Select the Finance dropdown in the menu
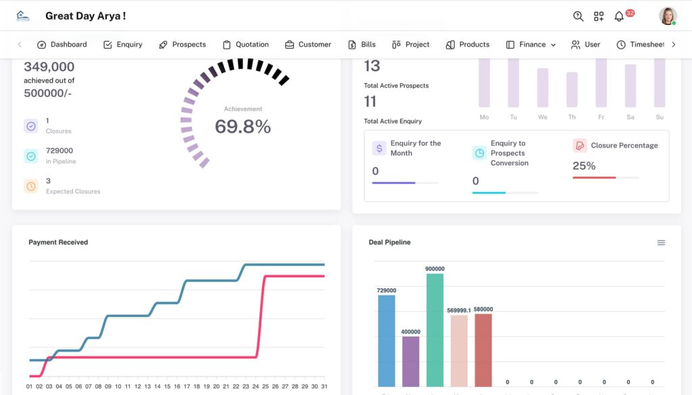click(x=531, y=45)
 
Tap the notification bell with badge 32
click(x=619, y=16)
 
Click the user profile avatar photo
click(x=668, y=16)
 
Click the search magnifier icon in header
click(x=578, y=16)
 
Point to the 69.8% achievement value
click(x=243, y=126)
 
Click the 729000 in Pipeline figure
click(x=59, y=151)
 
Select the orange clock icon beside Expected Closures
click(x=31, y=186)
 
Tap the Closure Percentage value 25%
click(x=584, y=166)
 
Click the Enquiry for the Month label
click(x=415, y=148)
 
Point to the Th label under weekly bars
click(x=572, y=118)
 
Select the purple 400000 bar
click(x=411, y=360)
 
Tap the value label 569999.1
click(x=460, y=310)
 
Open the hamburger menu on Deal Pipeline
click(x=661, y=243)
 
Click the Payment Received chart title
click(x=58, y=242)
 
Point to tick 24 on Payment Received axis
click(x=256, y=387)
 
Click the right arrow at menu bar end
click(x=673, y=45)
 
